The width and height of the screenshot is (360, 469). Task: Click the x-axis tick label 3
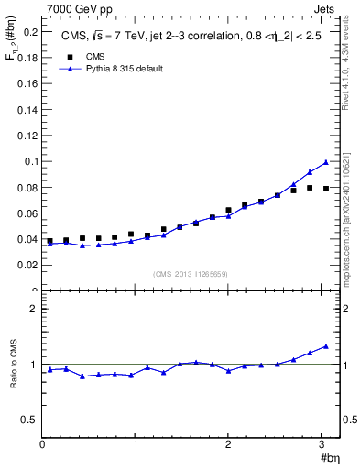[322, 443]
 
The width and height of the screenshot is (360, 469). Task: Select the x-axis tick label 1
[136, 443]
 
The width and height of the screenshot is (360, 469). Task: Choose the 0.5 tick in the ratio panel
[29, 420]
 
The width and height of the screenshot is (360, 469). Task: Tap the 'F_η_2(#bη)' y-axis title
[12, 43]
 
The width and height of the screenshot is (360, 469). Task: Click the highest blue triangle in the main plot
[325, 162]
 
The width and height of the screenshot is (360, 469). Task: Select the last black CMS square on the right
[325, 189]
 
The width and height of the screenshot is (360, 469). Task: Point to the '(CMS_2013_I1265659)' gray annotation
[191, 274]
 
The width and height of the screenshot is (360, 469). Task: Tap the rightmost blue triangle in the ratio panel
[325, 346]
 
